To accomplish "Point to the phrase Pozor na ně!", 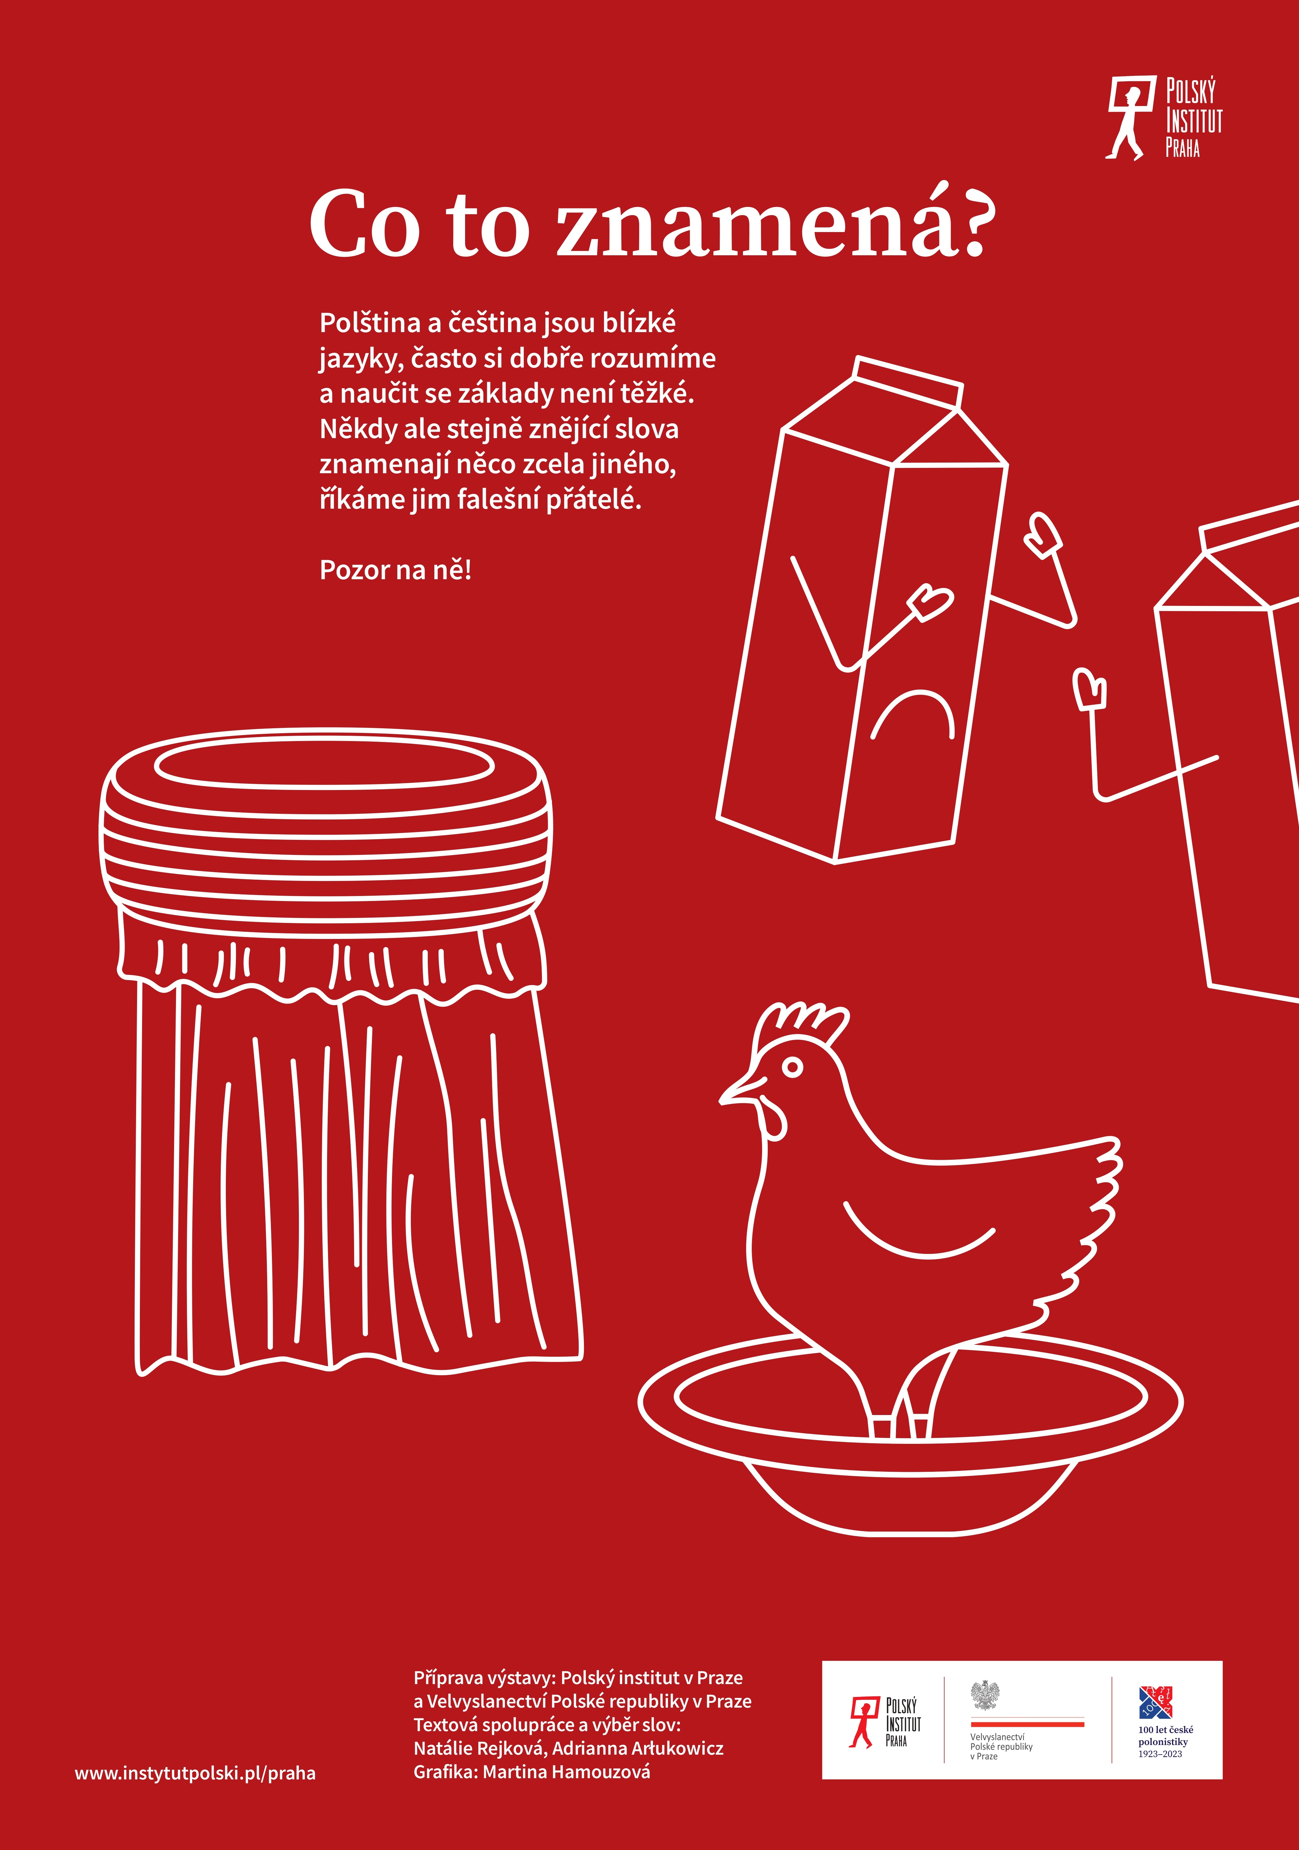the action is point(396,570).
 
